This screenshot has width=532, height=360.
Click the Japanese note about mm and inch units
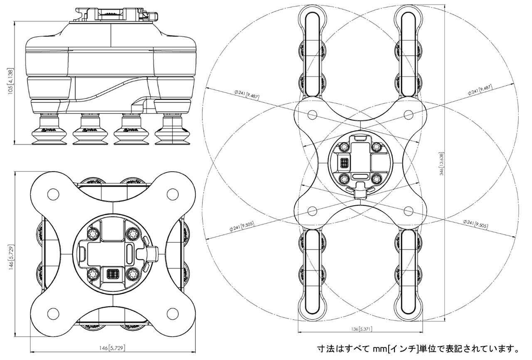tap(418, 348)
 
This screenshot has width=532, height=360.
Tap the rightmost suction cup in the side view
tap(171, 132)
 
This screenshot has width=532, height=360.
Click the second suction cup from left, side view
tap(90, 132)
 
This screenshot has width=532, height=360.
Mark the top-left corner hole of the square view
tap(53, 194)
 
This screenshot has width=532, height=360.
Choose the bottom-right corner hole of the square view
tap(172, 313)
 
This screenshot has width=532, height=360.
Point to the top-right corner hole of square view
tap(172, 194)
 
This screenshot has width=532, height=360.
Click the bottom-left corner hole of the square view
tap(53, 313)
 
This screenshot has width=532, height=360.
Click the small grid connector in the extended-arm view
tap(344, 163)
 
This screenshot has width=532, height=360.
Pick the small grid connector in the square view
tap(112, 274)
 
